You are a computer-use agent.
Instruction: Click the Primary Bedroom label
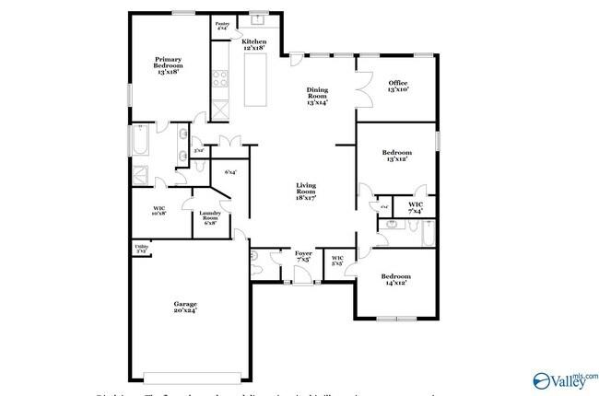[168, 64]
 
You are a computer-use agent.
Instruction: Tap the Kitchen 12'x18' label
[253, 44]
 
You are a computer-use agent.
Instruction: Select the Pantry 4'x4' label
[222, 27]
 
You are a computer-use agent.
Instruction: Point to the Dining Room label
[317, 96]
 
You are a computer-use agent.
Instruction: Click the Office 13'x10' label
[398, 87]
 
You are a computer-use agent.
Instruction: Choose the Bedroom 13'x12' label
[397, 156]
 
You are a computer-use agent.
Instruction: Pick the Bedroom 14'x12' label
[397, 280]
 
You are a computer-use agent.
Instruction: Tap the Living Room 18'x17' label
[307, 192]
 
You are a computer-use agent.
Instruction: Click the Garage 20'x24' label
[186, 308]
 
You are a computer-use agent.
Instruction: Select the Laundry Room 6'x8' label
[209, 218]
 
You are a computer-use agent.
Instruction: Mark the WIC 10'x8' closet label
[159, 212]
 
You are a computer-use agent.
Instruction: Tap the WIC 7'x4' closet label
[416, 206]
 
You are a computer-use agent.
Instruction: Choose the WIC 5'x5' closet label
[337, 261]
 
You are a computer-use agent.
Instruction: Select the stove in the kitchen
[221, 79]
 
